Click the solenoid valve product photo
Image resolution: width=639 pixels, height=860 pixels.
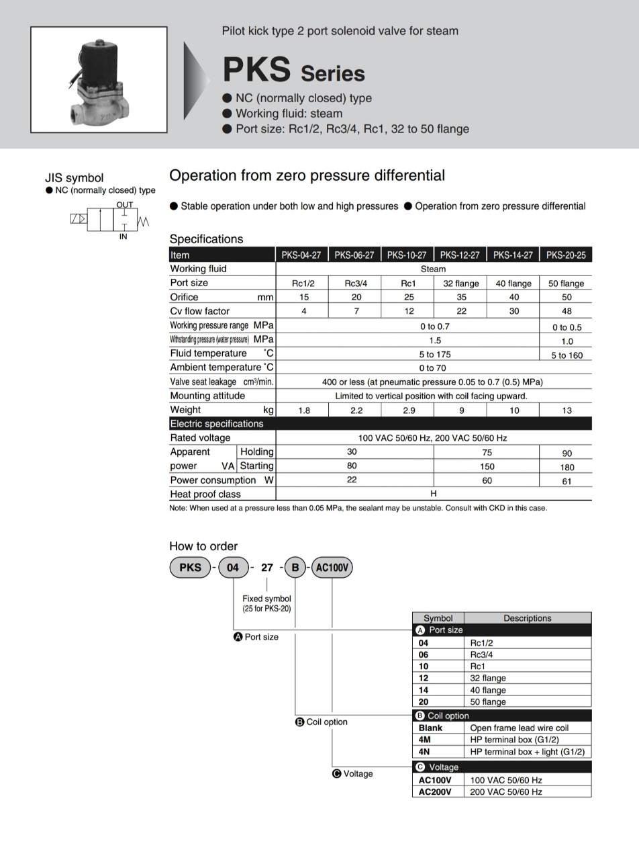pyautogui.click(x=99, y=79)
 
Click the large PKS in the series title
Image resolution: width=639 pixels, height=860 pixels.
pyautogui.click(x=256, y=69)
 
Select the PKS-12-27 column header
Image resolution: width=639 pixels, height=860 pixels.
pyautogui.click(x=460, y=255)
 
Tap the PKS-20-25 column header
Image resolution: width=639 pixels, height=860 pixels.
pyautogui.click(x=566, y=255)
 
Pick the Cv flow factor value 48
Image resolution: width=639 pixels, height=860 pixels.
pyautogui.click(x=567, y=311)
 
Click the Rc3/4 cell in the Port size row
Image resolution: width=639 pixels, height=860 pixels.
pyautogui.click(x=356, y=283)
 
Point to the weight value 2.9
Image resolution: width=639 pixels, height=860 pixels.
pyautogui.click(x=408, y=410)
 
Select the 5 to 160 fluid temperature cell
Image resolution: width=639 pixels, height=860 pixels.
pyautogui.click(x=567, y=355)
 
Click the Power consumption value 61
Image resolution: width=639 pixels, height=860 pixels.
pyautogui.click(x=567, y=480)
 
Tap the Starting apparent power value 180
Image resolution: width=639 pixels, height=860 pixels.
pyautogui.click(x=567, y=467)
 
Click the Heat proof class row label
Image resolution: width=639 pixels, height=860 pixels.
pyautogui.click(x=205, y=494)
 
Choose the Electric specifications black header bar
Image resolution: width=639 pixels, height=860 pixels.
pyautogui.click(x=380, y=423)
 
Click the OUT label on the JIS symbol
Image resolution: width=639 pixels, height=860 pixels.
pyautogui.click(x=125, y=204)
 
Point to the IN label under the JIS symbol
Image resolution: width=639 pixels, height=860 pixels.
pyautogui.click(x=124, y=236)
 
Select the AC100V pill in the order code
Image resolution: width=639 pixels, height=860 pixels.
pyautogui.click(x=332, y=568)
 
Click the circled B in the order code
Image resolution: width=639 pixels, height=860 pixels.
pyautogui.click(x=295, y=568)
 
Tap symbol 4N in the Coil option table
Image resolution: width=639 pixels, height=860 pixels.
pyautogui.click(x=424, y=752)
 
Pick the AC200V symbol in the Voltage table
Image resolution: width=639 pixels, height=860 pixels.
pyautogui.click(x=435, y=791)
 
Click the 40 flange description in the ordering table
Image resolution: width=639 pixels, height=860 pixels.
pyautogui.click(x=488, y=690)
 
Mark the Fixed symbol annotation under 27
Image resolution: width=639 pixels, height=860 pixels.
pyautogui.click(x=266, y=603)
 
